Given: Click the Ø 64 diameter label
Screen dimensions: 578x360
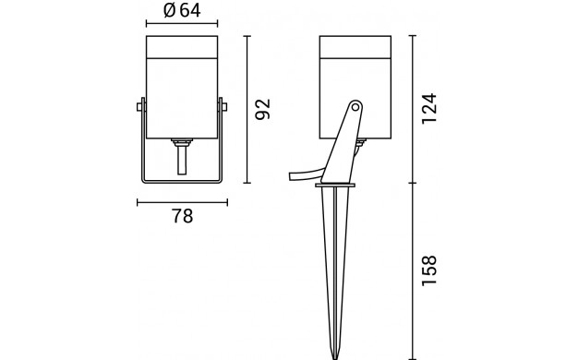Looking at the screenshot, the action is pos(182,10).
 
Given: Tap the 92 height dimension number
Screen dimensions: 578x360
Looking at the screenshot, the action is pos(263,109).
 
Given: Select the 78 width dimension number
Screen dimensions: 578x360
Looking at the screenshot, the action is pos(183,216).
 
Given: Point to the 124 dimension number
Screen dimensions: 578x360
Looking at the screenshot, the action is pos(429,109).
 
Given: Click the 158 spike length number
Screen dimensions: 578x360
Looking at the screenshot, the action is pos(429,270).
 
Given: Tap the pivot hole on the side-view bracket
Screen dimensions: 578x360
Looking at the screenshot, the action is pos(355,107).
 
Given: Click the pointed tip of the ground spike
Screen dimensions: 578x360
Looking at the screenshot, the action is pos(335,358).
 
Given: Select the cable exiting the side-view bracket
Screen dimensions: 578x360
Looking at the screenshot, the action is pos(307,174).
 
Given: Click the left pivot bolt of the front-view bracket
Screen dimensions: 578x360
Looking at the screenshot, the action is pos(139,107).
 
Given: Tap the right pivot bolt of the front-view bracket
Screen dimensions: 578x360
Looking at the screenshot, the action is pos(224,107).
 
